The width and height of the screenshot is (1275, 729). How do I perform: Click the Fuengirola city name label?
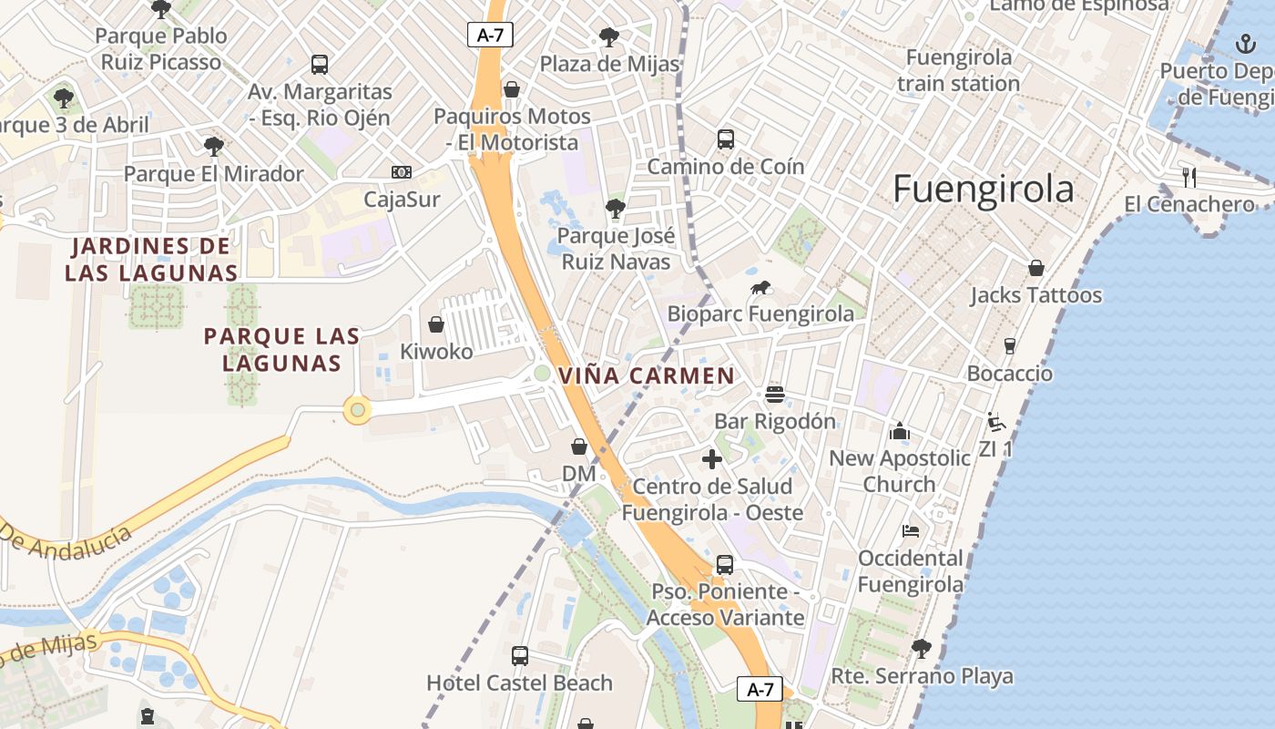point(983,190)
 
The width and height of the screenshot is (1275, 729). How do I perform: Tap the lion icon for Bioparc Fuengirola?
point(760,289)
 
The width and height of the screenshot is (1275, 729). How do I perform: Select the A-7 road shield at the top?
point(490,36)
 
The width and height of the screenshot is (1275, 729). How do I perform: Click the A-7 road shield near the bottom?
point(760,690)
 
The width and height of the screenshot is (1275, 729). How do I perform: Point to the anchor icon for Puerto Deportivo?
point(1245,44)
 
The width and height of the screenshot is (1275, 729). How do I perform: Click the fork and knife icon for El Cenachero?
point(1188,177)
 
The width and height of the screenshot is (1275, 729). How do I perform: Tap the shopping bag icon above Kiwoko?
point(436,324)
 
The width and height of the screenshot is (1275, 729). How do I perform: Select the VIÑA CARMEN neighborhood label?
point(647,375)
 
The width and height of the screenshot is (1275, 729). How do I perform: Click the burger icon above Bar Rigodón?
point(775,395)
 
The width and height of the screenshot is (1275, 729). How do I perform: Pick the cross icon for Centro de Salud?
point(712,459)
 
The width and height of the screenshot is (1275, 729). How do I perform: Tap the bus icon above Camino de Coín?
point(726,139)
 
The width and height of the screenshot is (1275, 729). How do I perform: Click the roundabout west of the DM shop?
point(357,411)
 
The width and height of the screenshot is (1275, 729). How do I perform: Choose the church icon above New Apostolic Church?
point(899,431)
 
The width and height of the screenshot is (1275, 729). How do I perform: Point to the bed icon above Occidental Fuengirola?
point(910,531)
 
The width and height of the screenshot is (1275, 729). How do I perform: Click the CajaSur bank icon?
point(401,172)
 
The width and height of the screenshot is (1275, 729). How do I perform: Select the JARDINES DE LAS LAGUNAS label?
point(151,259)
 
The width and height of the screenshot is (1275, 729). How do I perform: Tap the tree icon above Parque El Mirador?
point(213,146)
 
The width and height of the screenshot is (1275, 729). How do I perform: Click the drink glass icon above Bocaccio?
point(1009,346)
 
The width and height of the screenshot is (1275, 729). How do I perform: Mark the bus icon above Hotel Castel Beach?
point(519,655)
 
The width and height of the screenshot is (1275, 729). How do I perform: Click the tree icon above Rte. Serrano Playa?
point(922,649)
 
